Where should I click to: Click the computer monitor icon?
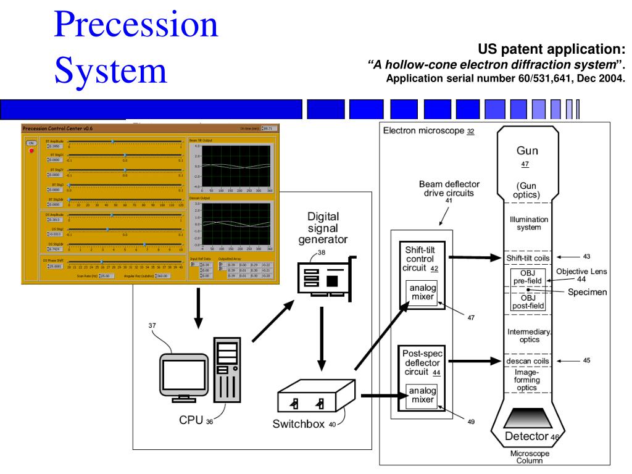(x=183, y=375)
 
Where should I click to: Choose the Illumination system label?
(x=528, y=223)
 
